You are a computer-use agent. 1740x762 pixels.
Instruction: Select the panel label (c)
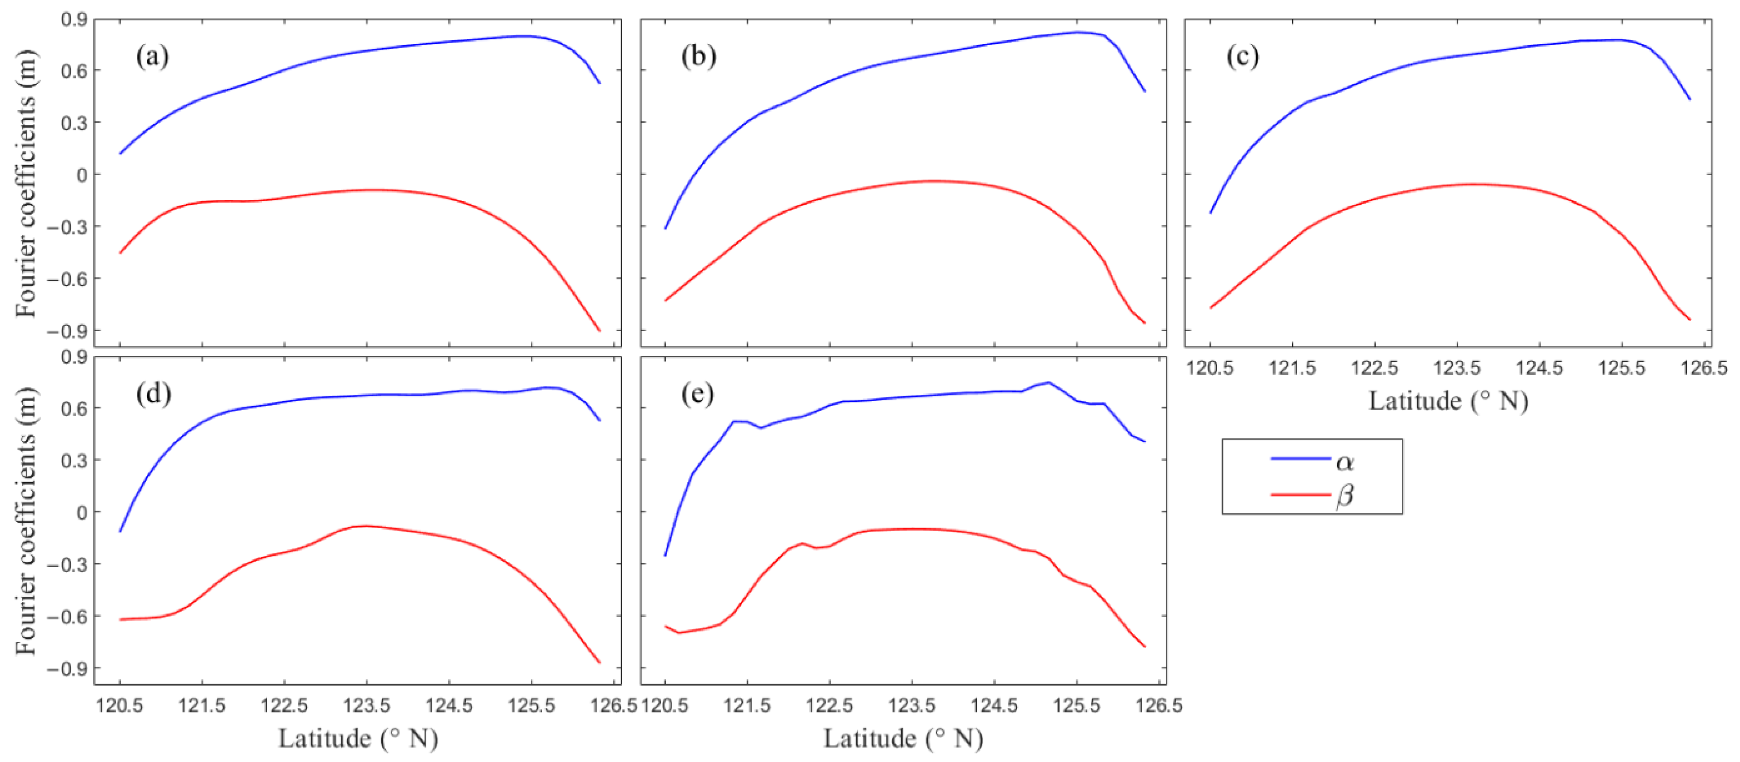[x=1242, y=56]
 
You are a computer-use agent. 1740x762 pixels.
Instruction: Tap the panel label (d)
[x=153, y=393]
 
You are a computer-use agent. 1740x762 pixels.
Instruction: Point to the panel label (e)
[x=697, y=393]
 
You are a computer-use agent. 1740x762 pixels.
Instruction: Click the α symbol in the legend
[x=1345, y=462]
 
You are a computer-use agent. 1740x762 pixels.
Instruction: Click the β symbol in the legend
[x=1345, y=496]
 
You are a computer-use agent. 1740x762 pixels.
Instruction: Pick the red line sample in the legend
[x=1300, y=494]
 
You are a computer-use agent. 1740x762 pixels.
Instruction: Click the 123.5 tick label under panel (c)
[x=1457, y=368]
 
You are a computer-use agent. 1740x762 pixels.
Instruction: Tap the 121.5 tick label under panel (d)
[x=202, y=706]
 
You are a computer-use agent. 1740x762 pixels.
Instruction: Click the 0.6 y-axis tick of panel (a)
[x=74, y=70]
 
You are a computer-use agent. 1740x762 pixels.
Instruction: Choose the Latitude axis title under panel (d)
[x=358, y=738]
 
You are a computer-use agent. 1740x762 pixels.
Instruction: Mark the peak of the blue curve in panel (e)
[x=1048, y=382]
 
